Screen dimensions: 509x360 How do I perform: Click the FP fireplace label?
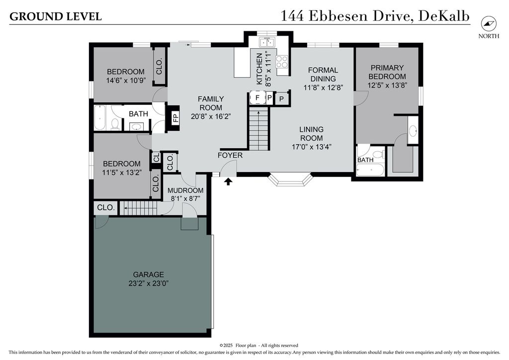[x=175, y=117]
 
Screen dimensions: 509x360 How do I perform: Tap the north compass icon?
[x=489, y=23]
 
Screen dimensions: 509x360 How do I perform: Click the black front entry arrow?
[x=229, y=181]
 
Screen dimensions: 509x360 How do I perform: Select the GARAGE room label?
[x=148, y=274]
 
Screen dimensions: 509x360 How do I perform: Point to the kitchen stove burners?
[x=281, y=62]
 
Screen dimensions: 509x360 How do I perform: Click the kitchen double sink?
[x=267, y=42]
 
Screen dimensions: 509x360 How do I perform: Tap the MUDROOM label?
[x=185, y=190]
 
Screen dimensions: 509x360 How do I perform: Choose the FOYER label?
[x=230, y=156]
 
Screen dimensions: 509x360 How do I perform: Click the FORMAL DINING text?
[x=323, y=75]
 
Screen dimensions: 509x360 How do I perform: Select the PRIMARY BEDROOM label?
[x=387, y=72]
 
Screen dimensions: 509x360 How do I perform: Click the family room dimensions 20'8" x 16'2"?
[x=211, y=116]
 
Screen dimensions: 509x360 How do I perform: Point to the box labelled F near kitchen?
[x=257, y=98]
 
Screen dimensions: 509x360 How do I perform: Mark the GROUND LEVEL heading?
[x=56, y=16]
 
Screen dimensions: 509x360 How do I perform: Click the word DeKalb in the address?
[x=444, y=16]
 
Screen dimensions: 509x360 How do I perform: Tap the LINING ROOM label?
[x=311, y=134]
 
